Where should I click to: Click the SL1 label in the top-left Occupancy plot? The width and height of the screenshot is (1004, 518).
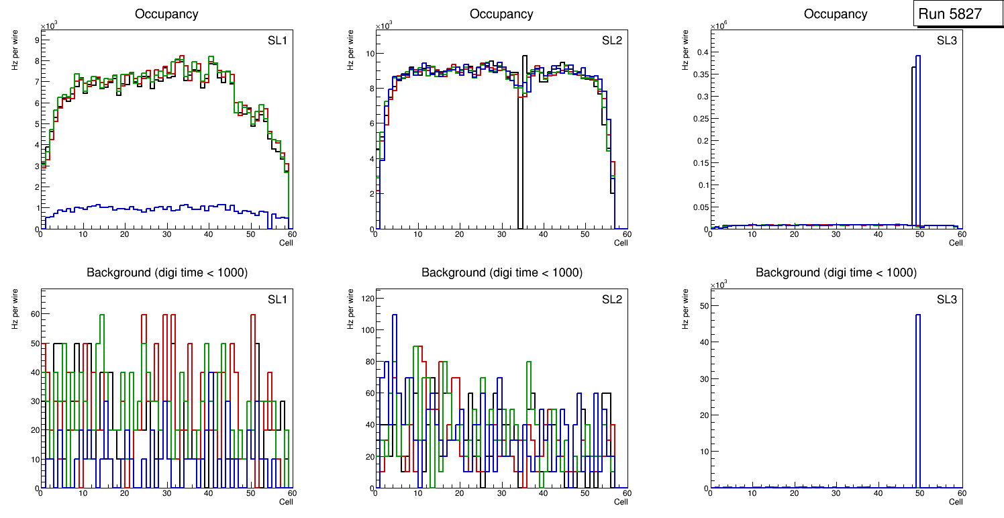point(277,40)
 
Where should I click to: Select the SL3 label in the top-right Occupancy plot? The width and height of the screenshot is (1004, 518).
point(947,40)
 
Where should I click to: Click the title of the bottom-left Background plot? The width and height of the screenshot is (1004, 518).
point(166,272)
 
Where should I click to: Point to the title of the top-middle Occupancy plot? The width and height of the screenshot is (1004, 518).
point(501,13)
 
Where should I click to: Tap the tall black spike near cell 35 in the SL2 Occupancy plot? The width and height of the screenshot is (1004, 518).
point(524,134)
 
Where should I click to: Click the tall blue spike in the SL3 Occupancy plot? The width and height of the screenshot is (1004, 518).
point(917,134)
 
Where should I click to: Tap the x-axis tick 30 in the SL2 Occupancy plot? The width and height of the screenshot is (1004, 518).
point(501,234)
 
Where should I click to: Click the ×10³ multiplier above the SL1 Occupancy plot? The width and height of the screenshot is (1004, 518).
point(50,26)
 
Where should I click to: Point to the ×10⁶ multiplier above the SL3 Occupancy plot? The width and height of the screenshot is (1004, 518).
point(719,26)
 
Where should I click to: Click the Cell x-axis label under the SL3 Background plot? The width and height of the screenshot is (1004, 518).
point(956,501)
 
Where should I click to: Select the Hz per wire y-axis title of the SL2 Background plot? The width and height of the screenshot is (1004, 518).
point(350,309)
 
